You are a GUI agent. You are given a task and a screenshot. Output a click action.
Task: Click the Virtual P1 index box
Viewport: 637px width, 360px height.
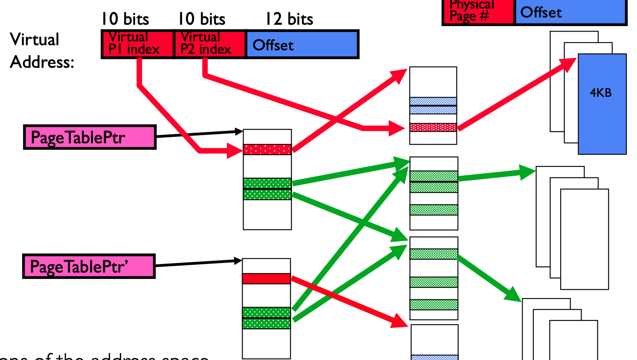(138, 44)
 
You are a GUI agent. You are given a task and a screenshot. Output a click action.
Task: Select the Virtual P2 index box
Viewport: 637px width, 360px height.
(210, 44)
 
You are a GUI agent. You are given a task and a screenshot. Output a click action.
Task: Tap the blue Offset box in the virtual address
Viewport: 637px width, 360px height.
(302, 44)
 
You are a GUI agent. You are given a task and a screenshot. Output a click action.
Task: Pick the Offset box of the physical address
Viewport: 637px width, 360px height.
(570, 12)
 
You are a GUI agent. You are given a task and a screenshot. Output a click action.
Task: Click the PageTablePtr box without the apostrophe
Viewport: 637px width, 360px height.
(90, 137)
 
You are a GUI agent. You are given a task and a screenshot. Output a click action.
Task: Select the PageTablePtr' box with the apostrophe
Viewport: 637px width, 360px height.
(89, 267)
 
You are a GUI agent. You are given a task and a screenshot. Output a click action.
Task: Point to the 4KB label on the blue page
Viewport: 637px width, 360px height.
(600, 93)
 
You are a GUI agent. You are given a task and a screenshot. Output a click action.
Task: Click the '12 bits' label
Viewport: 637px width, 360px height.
(289, 19)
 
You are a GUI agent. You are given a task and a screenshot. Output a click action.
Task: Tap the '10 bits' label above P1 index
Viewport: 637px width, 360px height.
(125, 19)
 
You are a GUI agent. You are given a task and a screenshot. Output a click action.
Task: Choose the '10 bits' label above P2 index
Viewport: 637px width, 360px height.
(201, 19)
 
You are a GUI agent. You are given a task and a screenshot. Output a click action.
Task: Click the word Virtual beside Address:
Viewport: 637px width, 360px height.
(35, 40)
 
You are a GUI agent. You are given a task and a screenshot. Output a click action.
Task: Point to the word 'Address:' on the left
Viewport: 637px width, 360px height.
(42, 62)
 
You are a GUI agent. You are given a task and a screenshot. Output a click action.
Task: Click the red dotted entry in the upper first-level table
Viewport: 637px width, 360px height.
(267, 149)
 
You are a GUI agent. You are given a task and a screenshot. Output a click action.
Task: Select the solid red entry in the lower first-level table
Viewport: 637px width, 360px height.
(266, 279)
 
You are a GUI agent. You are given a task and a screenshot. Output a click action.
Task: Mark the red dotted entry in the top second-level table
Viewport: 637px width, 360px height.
(433, 127)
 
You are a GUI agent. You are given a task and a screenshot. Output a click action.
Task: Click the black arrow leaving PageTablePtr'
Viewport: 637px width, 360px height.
(196, 263)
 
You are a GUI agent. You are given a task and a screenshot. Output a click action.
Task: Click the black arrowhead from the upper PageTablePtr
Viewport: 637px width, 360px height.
(238, 131)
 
